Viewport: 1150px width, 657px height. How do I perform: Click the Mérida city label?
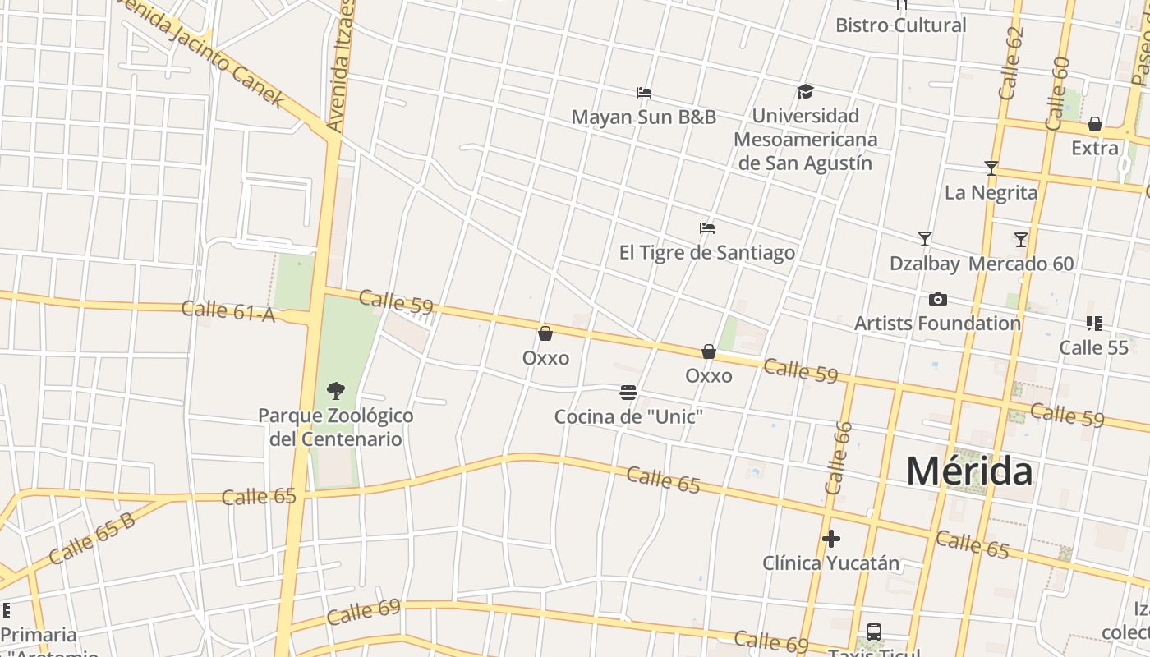pos(969,471)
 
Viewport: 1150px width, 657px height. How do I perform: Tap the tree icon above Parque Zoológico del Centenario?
pos(335,390)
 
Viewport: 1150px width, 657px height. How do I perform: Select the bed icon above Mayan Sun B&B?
pos(644,93)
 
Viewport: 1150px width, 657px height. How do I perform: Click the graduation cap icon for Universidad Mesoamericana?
pos(805,91)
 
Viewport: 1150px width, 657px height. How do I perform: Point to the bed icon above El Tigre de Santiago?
pos(706,227)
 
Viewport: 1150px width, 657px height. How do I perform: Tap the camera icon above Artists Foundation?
pos(937,299)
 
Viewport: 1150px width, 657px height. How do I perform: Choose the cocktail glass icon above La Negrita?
pos(991,168)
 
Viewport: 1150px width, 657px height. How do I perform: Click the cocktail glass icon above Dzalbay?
pos(925,239)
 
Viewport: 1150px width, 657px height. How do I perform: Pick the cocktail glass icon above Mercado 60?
pos(1021,240)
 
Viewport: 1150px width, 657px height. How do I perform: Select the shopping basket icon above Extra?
pos(1095,125)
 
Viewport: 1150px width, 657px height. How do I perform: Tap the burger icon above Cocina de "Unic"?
pos(628,393)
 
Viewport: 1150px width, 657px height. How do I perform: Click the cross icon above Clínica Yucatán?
pos(831,539)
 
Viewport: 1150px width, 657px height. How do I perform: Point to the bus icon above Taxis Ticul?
pos(874,632)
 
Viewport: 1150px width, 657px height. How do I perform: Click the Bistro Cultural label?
pos(900,25)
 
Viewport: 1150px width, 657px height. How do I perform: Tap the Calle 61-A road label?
pos(228,310)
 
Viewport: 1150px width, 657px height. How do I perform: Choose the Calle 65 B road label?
pos(91,539)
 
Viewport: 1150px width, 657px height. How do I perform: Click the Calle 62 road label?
pos(1013,63)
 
